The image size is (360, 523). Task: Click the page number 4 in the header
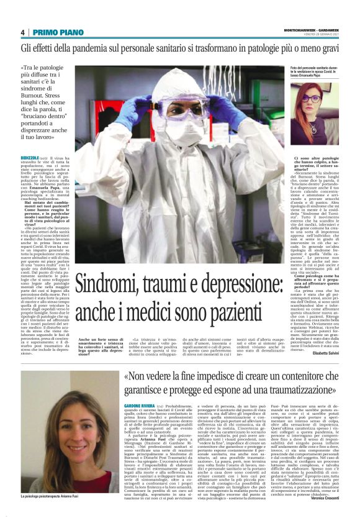(22, 32)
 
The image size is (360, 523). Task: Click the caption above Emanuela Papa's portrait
(314, 73)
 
